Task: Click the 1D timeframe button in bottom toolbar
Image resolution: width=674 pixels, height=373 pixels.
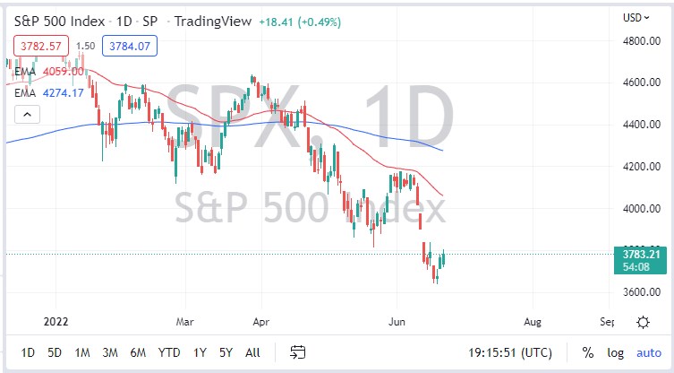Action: (29, 352)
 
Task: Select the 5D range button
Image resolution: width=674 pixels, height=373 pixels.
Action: (55, 352)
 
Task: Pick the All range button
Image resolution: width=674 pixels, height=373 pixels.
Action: (253, 352)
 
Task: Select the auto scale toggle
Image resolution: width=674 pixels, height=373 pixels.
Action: (649, 352)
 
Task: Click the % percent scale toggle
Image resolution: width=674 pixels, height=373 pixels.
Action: (588, 352)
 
